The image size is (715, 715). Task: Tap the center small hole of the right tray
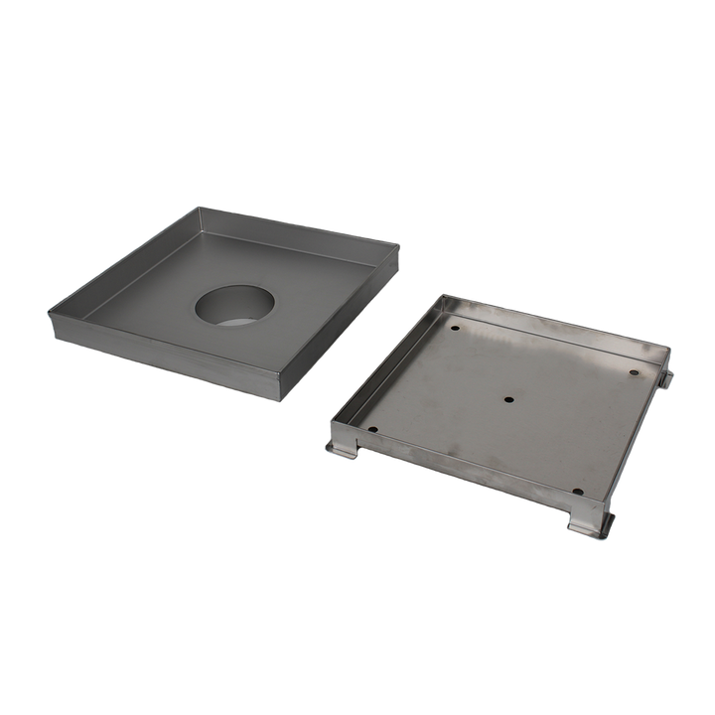(x=509, y=400)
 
